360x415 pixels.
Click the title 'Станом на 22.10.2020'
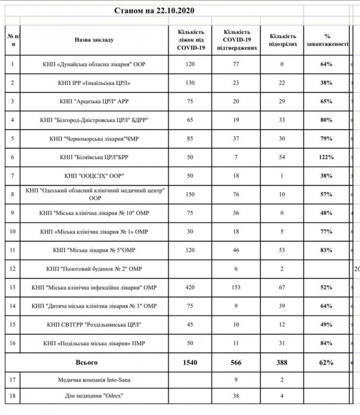[155, 10]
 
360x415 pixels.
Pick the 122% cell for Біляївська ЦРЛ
[326, 157]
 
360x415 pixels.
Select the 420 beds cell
[190, 287]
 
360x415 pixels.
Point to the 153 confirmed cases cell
[237, 287]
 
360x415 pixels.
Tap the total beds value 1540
[190, 362]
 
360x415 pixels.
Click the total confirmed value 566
[237, 362]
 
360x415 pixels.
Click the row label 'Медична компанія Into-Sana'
[94, 380]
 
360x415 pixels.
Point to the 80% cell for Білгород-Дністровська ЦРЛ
[326, 120]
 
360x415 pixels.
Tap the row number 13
[12, 287]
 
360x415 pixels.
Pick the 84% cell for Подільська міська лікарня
[326, 344]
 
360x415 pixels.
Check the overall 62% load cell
[326, 362]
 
